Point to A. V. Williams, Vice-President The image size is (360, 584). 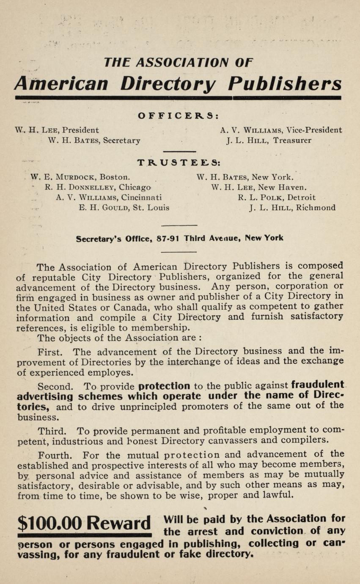(281, 130)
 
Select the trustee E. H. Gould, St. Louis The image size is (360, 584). (124, 208)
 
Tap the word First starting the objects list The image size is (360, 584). (49, 352)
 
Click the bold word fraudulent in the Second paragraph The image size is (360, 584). (318, 385)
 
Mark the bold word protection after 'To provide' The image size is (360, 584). (165, 386)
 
